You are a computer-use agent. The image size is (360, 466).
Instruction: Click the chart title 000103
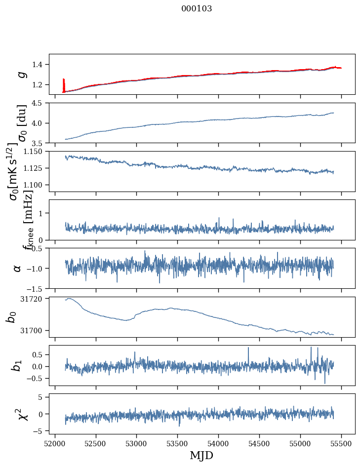(197, 9)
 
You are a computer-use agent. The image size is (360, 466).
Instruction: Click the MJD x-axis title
(195, 455)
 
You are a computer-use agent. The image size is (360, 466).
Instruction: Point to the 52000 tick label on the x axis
(55, 443)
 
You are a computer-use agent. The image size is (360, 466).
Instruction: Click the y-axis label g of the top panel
(21, 74)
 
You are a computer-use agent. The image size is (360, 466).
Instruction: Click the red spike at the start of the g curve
(63, 83)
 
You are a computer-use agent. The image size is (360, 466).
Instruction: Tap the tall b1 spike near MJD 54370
(249, 349)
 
